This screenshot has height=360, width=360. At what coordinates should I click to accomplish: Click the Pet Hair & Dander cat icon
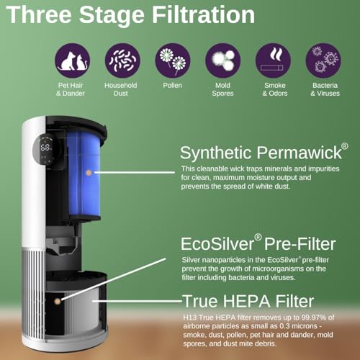[72, 60]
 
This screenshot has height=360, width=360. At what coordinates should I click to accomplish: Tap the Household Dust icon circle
[122, 60]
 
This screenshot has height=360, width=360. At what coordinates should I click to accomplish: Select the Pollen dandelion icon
[173, 60]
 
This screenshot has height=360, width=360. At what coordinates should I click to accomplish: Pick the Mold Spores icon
[223, 60]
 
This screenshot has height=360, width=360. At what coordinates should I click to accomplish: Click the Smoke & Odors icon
[273, 60]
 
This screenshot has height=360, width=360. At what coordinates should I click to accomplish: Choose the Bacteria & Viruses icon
[323, 60]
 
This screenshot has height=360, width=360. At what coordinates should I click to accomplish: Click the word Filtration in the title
[204, 15]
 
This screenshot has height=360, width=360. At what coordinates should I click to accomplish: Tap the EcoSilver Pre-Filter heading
[258, 243]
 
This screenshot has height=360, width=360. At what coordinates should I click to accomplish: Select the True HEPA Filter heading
[248, 301]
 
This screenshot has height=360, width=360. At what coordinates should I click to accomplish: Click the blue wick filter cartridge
[84, 175]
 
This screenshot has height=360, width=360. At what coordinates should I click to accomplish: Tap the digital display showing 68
[45, 147]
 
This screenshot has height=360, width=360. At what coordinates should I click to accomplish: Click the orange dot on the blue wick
[89, 172]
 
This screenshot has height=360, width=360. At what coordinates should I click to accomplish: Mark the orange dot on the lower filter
[58, 301]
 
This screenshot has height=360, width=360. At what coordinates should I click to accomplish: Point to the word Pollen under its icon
[173, 85]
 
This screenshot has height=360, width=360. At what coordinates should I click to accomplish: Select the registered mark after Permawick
[345, 146]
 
